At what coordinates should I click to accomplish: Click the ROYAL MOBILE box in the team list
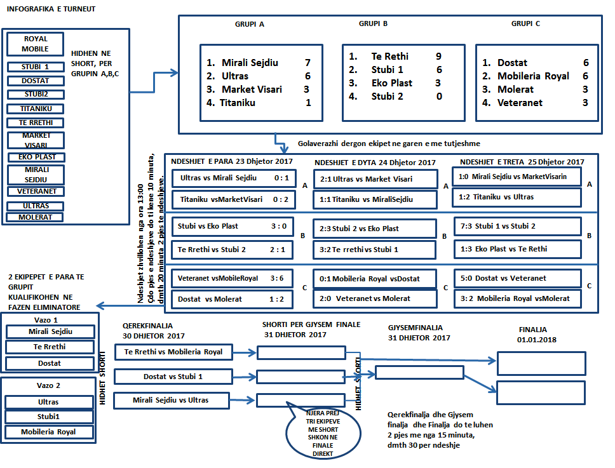tap(35, 44)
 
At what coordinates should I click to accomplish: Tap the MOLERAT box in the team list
tap(35, 217)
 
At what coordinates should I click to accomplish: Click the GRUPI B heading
tap(373, 24)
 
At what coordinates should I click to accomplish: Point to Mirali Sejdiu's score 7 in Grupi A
tap(307, 63)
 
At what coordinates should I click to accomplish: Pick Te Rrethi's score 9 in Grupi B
tap(438, 57)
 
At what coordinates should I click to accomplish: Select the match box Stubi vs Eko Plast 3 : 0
tap(232, 226)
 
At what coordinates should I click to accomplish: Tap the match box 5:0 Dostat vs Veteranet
tap(517, 278)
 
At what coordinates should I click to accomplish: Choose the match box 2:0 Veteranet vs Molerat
tap(375, 298)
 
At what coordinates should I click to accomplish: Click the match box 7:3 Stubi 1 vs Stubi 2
tap(517, 226)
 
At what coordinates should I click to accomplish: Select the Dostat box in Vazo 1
tap(49, 364)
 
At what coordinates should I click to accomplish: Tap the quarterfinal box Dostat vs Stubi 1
tap(173, 377)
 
